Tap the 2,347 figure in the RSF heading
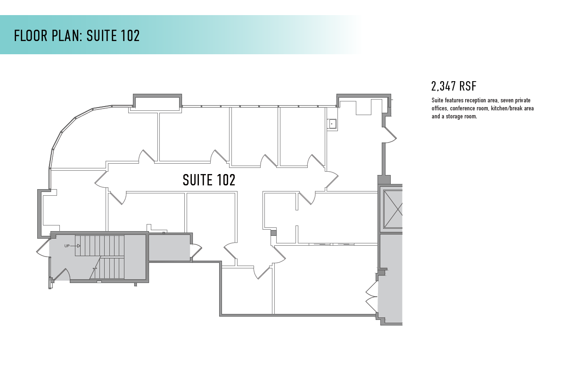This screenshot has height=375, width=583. pos(443,86)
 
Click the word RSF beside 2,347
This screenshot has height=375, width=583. pos(468,86)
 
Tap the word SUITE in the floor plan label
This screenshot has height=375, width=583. pos(197,180)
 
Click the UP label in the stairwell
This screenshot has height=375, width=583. pos(67,246)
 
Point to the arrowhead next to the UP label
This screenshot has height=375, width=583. pos(79,246)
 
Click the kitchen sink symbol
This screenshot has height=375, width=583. pos(332,124)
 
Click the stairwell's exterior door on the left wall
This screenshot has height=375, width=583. pos(43,249)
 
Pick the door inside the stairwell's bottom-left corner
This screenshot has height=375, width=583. pos(62,274)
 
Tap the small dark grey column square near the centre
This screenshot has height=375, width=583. pos(273,233)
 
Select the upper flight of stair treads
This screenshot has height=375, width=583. pos(99,246)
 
